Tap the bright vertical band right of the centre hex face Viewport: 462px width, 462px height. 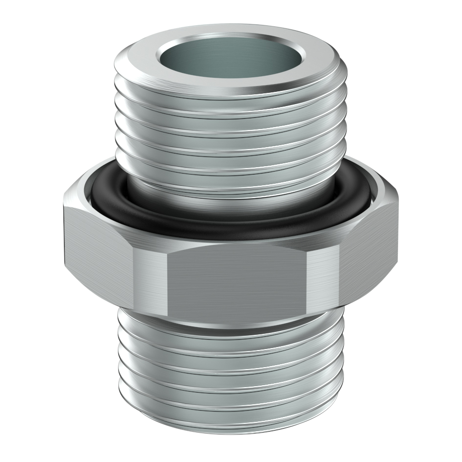323,281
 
